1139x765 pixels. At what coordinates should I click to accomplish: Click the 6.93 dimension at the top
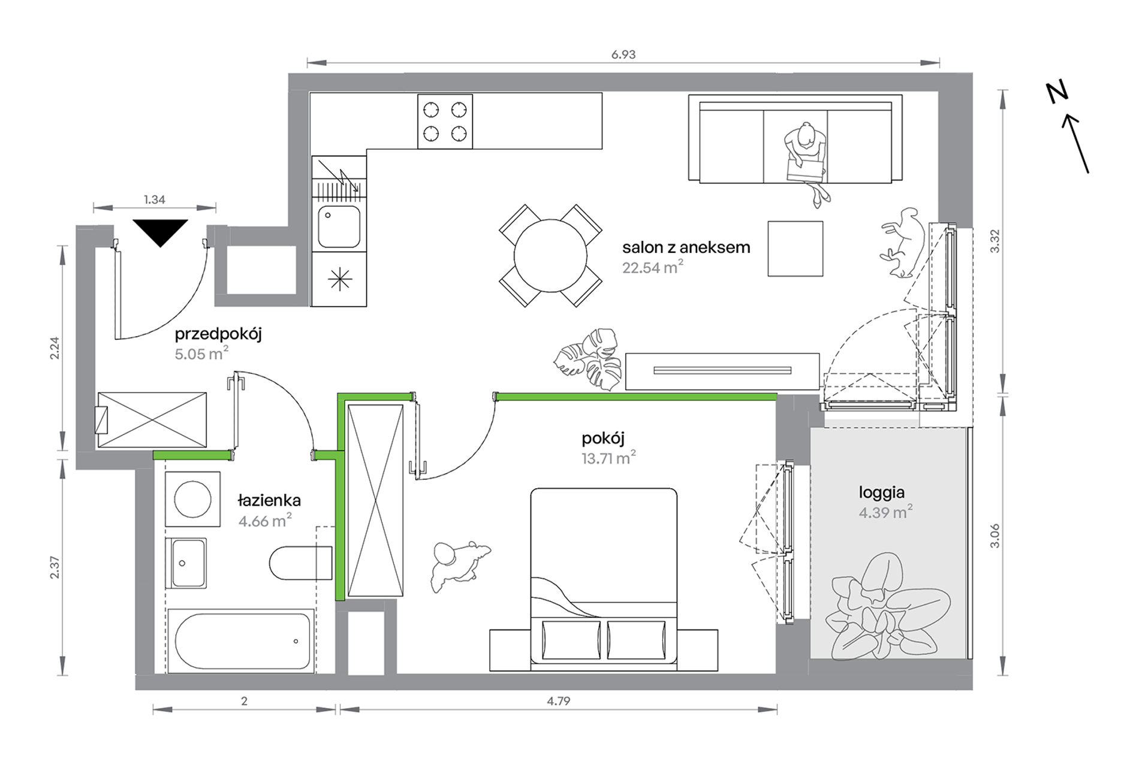(623, 55)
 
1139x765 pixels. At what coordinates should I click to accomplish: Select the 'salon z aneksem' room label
(686, 247)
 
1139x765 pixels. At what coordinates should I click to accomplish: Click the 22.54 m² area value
(653, 267)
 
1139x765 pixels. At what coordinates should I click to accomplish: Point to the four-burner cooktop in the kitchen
(445, 121)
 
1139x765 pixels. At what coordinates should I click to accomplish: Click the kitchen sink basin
(339, 226)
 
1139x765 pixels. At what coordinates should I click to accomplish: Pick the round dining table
(550, 255)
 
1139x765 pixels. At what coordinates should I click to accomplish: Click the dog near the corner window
(903, 243)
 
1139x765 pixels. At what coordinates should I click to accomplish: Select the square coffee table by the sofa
(796, 249)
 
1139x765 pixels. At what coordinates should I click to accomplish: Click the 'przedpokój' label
(218, 334)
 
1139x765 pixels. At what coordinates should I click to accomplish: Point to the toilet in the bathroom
(300, 563)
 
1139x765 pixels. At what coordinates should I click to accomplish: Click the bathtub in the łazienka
(241, 640)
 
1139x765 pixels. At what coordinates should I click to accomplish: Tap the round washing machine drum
(192, 499)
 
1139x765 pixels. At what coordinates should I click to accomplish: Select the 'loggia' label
(881, 493)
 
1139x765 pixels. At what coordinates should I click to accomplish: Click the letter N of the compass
(1057, 93)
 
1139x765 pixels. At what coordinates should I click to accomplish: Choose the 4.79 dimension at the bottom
(558, 701)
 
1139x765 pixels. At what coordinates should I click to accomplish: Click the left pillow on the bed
(571, 640)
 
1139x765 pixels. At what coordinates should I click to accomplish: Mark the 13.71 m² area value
(608, 458)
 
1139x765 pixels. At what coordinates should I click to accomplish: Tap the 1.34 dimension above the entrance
(154, 199)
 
